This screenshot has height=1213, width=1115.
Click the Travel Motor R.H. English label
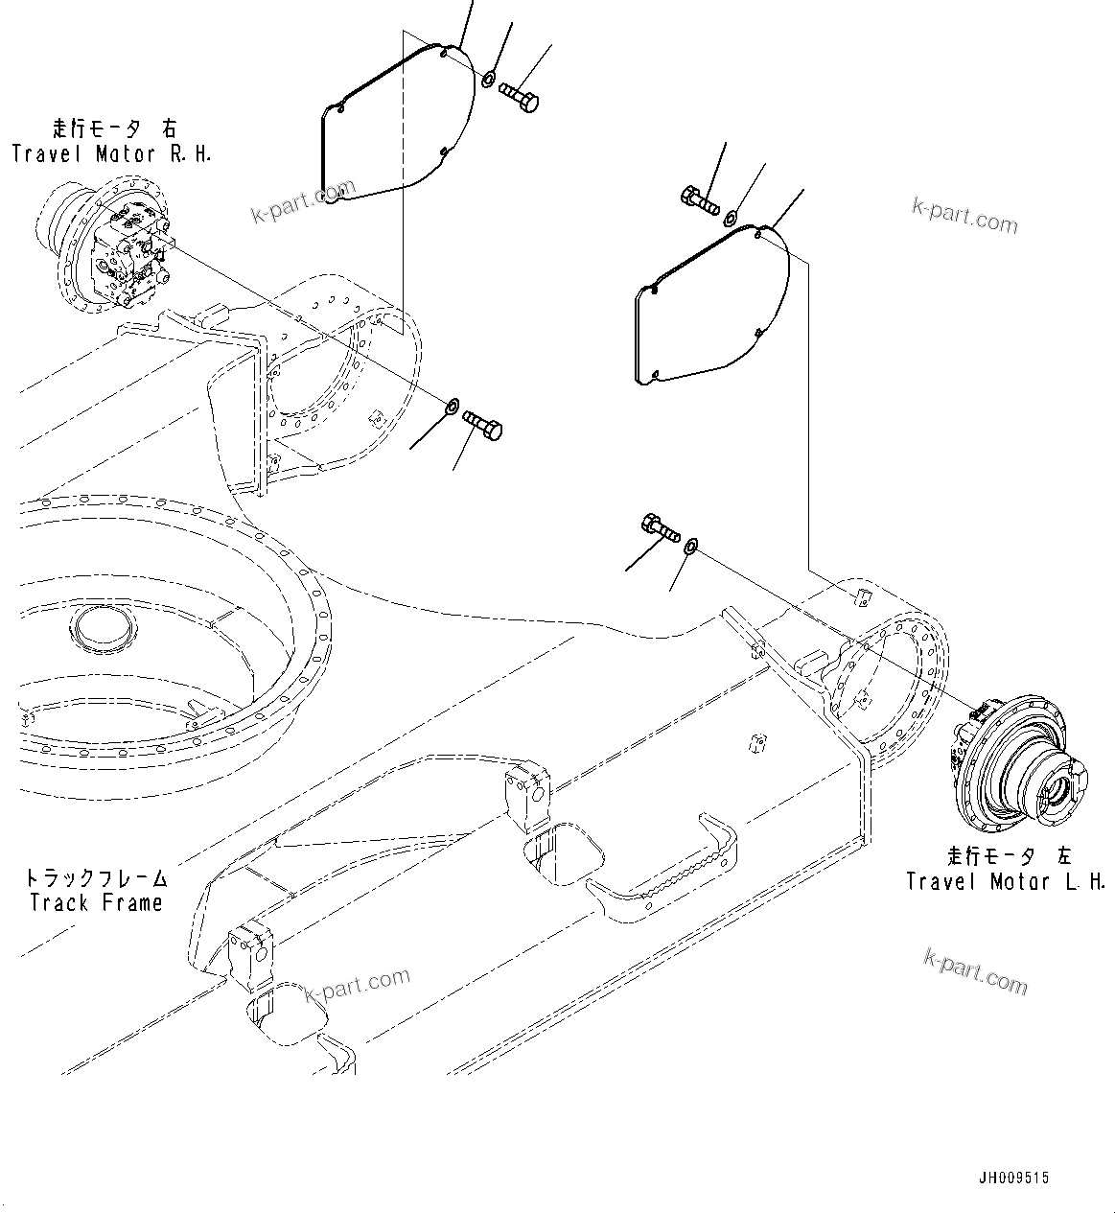coord(111,153)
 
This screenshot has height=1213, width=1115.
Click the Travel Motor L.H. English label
coord(1006,881)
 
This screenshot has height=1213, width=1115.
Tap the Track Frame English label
coord(96,902)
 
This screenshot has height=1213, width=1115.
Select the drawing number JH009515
coord(1014,1178)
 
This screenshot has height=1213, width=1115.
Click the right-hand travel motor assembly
coord(110,248)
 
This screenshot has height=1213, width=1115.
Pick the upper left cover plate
coord(395,125)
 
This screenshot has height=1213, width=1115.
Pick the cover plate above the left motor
coord(710,307)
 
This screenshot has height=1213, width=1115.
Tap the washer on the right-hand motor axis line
coord(449,409)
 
